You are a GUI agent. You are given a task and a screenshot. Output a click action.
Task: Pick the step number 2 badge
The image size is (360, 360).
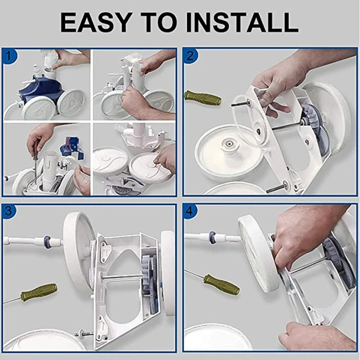(190, 56)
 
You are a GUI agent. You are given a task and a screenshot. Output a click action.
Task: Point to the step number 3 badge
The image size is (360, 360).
(9, 211)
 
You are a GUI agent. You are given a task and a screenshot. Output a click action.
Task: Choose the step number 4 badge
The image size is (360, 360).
(190, 211)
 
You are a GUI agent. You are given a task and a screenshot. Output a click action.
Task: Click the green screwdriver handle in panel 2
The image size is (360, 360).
(203, 98)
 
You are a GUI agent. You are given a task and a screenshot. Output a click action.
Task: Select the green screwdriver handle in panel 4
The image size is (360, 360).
(221, 284)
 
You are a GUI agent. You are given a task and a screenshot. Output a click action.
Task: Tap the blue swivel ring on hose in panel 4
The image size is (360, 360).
(212, 237)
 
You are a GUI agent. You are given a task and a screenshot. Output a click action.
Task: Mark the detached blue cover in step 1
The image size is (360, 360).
(71, 147)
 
